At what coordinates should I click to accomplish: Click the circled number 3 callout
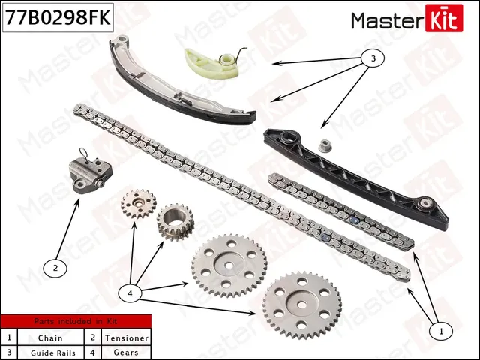(x=370, y=57)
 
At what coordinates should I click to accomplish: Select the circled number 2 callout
(x=55, y=266)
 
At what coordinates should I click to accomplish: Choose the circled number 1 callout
(x=440, y=328)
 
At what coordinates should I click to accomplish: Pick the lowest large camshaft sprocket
(x=301, y=304)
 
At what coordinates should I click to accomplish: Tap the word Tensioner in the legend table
(x=124, y=338)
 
